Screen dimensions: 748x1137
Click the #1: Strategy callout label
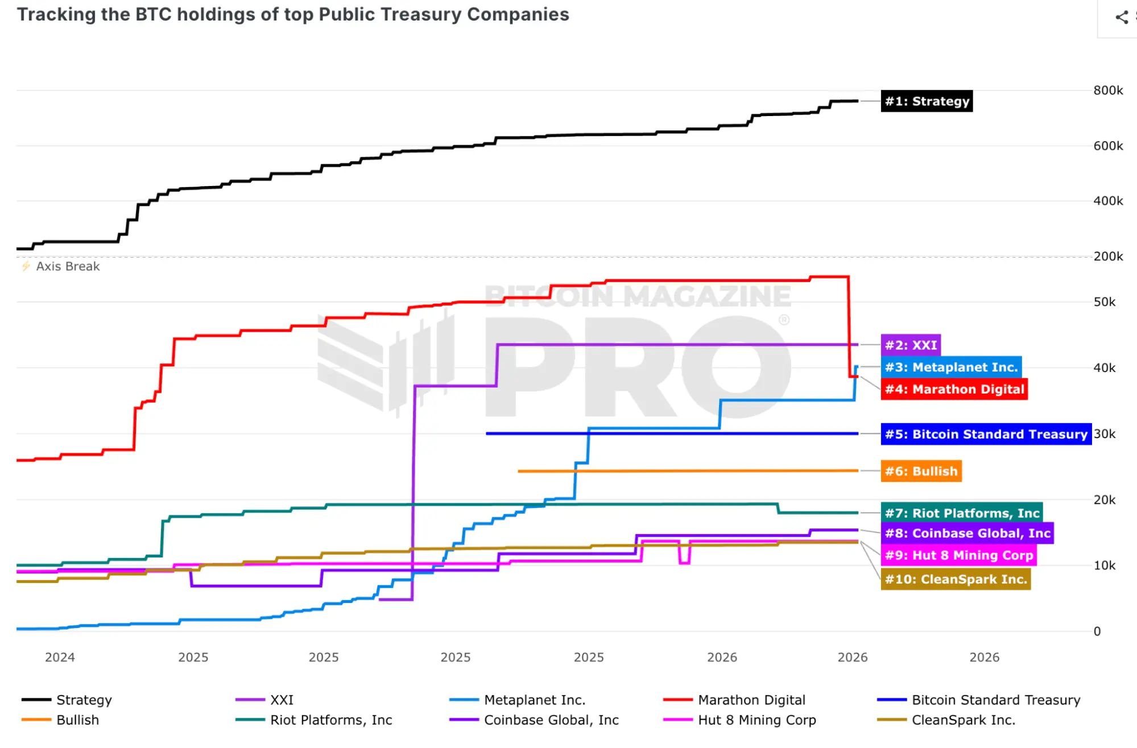(927, 101)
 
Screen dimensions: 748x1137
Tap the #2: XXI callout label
(911, 345)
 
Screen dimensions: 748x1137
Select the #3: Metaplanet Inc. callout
(951, 367)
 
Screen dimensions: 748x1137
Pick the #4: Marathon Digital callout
(954, 390)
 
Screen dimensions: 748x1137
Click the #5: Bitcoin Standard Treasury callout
(986, 435)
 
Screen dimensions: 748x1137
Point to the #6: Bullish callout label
(921, 472)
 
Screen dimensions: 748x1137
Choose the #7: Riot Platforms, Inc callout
(961, 513)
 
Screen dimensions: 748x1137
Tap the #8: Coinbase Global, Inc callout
(967, 534)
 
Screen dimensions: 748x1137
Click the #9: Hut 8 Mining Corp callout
(958, 556)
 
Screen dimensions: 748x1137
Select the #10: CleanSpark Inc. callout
(956, 580)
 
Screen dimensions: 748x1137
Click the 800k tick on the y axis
(1107, 90)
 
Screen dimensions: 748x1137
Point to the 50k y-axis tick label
(1104, 302)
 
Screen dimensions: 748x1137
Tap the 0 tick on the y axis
(1097, 631)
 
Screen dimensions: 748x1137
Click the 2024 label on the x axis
(60, 658)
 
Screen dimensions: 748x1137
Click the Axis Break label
(67, 267)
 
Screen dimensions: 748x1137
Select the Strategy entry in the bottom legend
(84, 700)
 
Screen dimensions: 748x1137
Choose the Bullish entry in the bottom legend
(77, 720)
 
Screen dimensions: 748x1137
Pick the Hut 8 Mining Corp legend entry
(756, 720)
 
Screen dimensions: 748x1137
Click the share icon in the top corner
(1122, 17)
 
